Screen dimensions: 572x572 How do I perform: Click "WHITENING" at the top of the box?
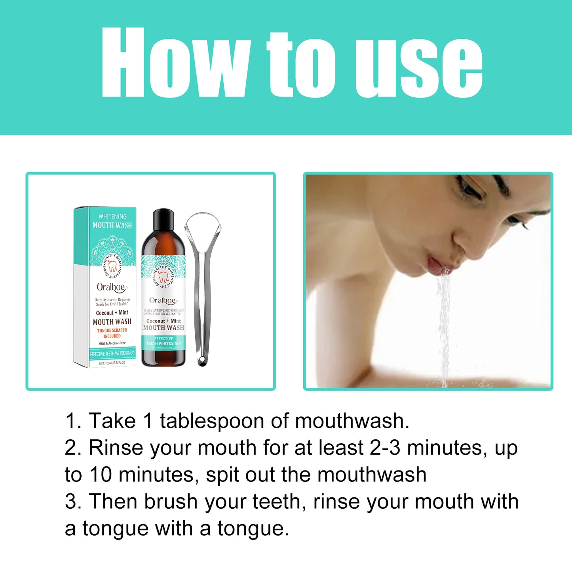coord(112,217)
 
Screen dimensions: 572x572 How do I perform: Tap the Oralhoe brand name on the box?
coord(111,287)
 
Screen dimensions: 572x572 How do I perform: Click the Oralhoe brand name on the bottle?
coord(163,300)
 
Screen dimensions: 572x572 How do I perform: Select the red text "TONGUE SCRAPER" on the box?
coord(112,330)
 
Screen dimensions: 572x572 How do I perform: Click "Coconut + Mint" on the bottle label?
coord(163,321)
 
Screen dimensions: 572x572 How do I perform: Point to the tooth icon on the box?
coord(112,266)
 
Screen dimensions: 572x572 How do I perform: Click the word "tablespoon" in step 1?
coord(212,421)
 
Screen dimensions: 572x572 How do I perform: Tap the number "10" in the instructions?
coord(101,475)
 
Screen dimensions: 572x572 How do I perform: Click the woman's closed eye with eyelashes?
coord(473,188)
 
